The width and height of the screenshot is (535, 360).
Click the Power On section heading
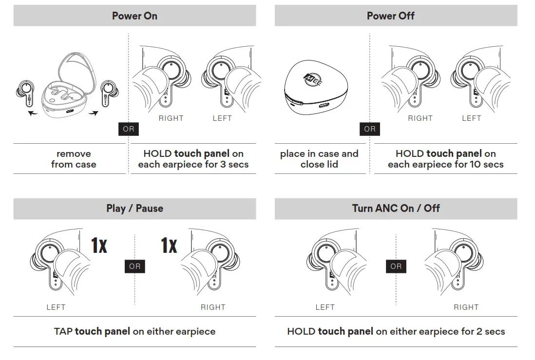(134, 16)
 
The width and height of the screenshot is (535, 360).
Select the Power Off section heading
(390, 16)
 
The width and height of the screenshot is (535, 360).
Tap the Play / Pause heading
(134, 208)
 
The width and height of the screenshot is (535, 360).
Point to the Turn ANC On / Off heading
(396, 208)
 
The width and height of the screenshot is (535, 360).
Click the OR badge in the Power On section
(129, 129)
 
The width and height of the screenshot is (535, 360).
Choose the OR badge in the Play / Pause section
(135, 266)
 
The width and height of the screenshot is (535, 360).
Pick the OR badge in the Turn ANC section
(396, 266)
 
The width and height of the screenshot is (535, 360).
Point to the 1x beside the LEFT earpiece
(99, 246)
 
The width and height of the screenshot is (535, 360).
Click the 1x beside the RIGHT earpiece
(169, 246)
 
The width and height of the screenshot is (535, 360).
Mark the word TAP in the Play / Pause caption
(63, 332)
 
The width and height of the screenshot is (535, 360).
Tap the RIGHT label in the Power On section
(171, 118)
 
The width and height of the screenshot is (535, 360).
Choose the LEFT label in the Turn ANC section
(325, 307)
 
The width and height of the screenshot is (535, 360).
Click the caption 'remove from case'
(74, 159)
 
